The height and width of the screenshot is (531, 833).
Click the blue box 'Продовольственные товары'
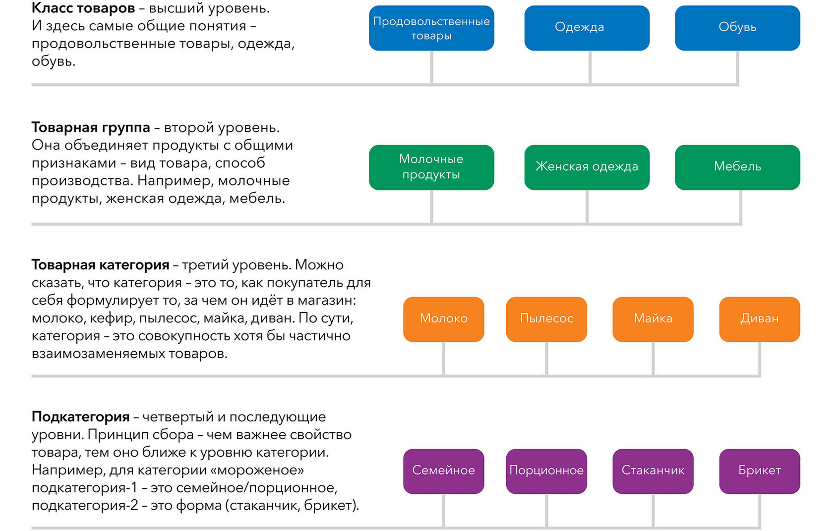431,28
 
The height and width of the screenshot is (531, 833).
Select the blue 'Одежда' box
587,28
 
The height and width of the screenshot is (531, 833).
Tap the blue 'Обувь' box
737,28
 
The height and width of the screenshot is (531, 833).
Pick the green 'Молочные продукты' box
431,167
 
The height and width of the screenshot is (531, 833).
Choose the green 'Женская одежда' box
587,167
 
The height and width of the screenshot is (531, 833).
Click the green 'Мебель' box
737,167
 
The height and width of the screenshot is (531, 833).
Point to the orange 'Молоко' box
443,319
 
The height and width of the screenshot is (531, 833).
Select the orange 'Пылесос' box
546,319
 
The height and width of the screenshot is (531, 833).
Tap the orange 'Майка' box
653,319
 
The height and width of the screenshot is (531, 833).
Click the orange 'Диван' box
759,319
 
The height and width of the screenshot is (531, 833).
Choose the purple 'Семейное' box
443,471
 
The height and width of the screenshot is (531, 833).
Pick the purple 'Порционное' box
546,471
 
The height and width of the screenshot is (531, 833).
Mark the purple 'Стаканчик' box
653,471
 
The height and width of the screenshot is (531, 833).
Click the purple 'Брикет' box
759,471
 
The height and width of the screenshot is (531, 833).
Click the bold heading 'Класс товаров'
83,8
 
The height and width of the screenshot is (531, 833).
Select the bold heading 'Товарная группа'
91,127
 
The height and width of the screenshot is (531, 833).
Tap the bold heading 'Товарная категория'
100,265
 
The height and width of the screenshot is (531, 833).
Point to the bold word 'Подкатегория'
80,417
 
